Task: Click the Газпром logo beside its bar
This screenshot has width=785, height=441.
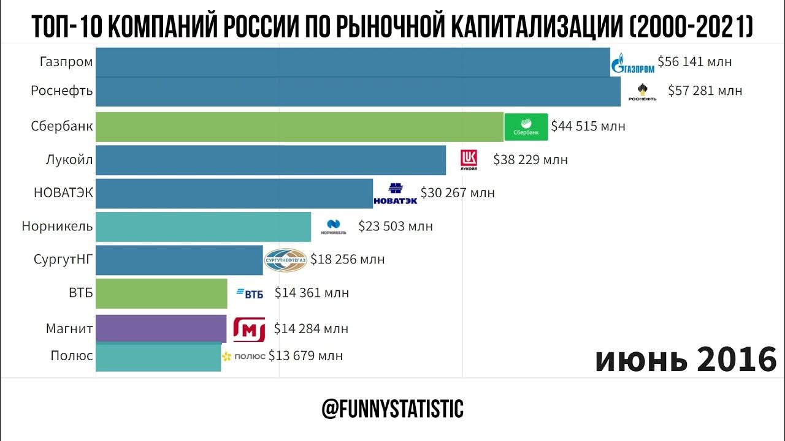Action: point(632,63)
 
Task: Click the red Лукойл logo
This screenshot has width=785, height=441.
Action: point(469,159)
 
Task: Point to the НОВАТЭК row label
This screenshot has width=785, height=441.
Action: point(63,193)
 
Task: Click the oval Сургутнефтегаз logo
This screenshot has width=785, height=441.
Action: point(285,260)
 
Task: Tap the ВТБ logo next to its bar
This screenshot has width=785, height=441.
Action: point(250,293)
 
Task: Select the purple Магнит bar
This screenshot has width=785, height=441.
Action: point(161,329)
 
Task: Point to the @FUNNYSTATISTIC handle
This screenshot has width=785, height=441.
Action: point(392,409)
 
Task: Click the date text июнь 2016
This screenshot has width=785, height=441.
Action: point(686,360)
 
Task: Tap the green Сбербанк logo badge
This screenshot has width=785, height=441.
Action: point(526,127)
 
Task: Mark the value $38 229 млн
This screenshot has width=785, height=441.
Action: point(530,160)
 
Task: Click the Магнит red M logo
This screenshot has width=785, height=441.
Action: point(249,330)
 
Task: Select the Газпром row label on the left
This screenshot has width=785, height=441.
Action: point(66,61)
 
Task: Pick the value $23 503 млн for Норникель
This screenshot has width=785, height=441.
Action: point(396,226)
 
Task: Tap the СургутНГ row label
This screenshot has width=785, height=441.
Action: point(63,259)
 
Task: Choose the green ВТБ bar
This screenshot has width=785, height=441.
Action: point(161,293)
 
